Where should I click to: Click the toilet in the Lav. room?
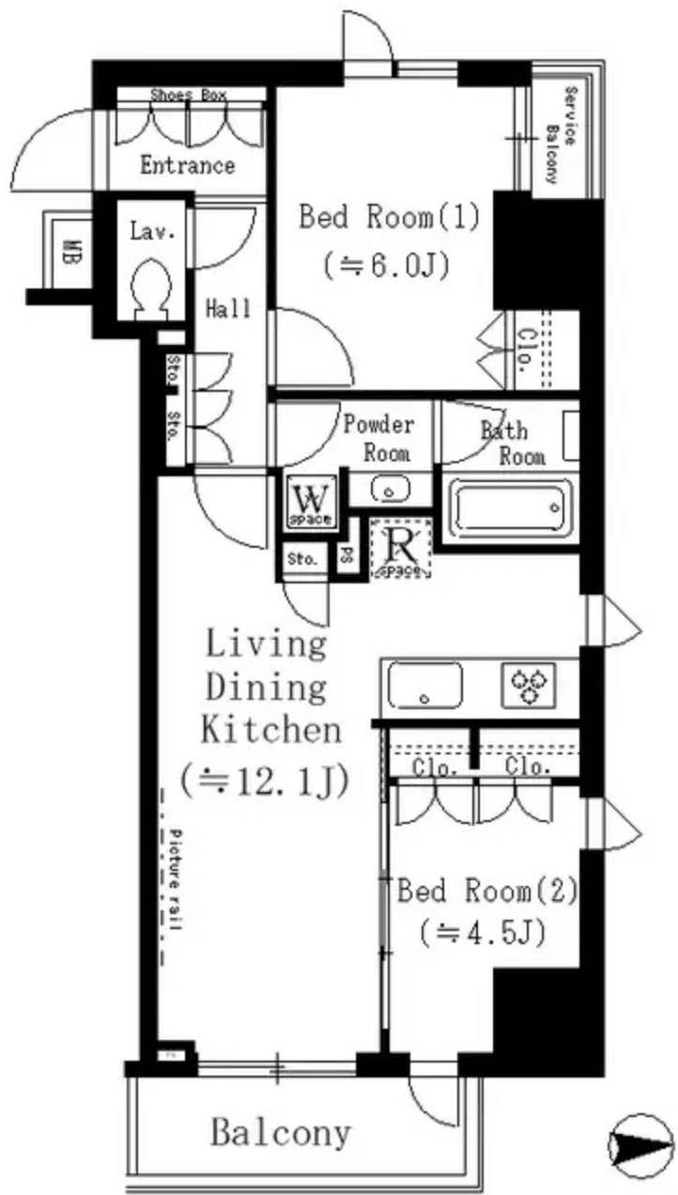tap(151, 285)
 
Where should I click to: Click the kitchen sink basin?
tap(425, 685)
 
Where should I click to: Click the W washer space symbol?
tap(309, 501)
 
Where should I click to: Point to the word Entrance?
tap(187, 166)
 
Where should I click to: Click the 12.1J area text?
tap(265, 779)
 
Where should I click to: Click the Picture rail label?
tap(176, 878)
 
